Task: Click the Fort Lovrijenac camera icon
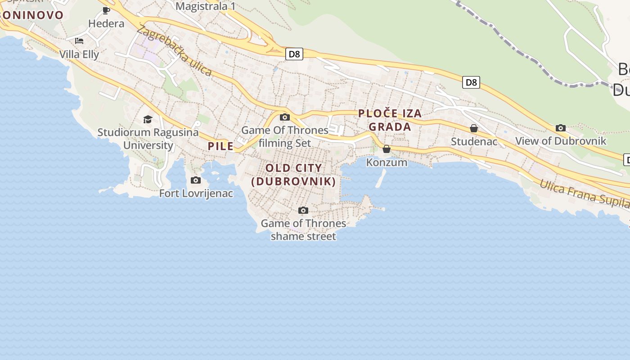point(196,180)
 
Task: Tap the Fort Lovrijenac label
point(196,193)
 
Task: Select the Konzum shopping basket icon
point(387,149)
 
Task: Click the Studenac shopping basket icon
point(474,129)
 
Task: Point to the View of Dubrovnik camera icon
point(561,128)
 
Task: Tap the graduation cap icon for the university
point(148,119)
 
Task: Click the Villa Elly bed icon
point(79,41)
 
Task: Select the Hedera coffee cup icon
point(106,10)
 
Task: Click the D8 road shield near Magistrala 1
point(294,54)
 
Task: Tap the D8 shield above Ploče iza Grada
point(471,82)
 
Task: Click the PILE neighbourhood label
point(220,146)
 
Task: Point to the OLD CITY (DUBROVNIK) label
point(294,175)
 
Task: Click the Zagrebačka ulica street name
point(174,50)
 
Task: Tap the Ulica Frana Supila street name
point(584,193)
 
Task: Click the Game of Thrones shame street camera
point(303,211)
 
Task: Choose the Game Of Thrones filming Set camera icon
point(285,117)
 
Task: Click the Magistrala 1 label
point(206,6)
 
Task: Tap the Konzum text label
point(387,162)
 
